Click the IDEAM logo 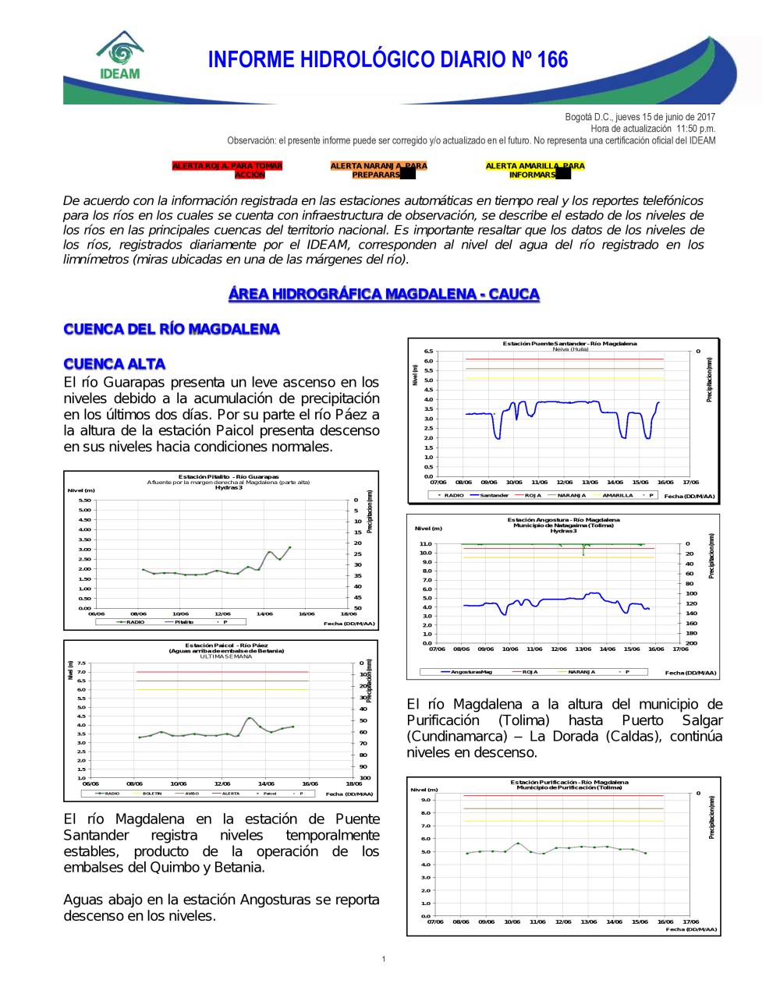[x=120, y=56]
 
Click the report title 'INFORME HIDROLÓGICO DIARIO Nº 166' [x=388, y=60]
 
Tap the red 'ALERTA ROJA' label [x=227, y=170]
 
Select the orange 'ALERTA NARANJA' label [x=378, y=170]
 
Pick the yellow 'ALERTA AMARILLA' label [x=534, y=170]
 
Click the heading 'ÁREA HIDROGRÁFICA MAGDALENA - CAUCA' [x=384, y=294]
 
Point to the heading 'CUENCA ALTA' [x=115, y=364]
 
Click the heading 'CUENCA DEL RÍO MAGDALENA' [x=172, y=329]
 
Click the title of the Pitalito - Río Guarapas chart [x=229, y=476]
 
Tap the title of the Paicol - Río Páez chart [x=226, y=645]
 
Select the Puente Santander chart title [x=569, y=344]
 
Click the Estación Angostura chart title [x=563, y=520]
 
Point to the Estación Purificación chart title [x=569, y=782]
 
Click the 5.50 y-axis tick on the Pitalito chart [x=85, y=500]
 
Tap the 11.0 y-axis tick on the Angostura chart [x=425, y=544]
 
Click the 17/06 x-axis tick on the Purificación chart [x=691, y=921]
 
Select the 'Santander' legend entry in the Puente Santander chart [x=494, y=495]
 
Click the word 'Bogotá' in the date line [x=577, y=117]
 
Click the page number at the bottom [x=384, y=959]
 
